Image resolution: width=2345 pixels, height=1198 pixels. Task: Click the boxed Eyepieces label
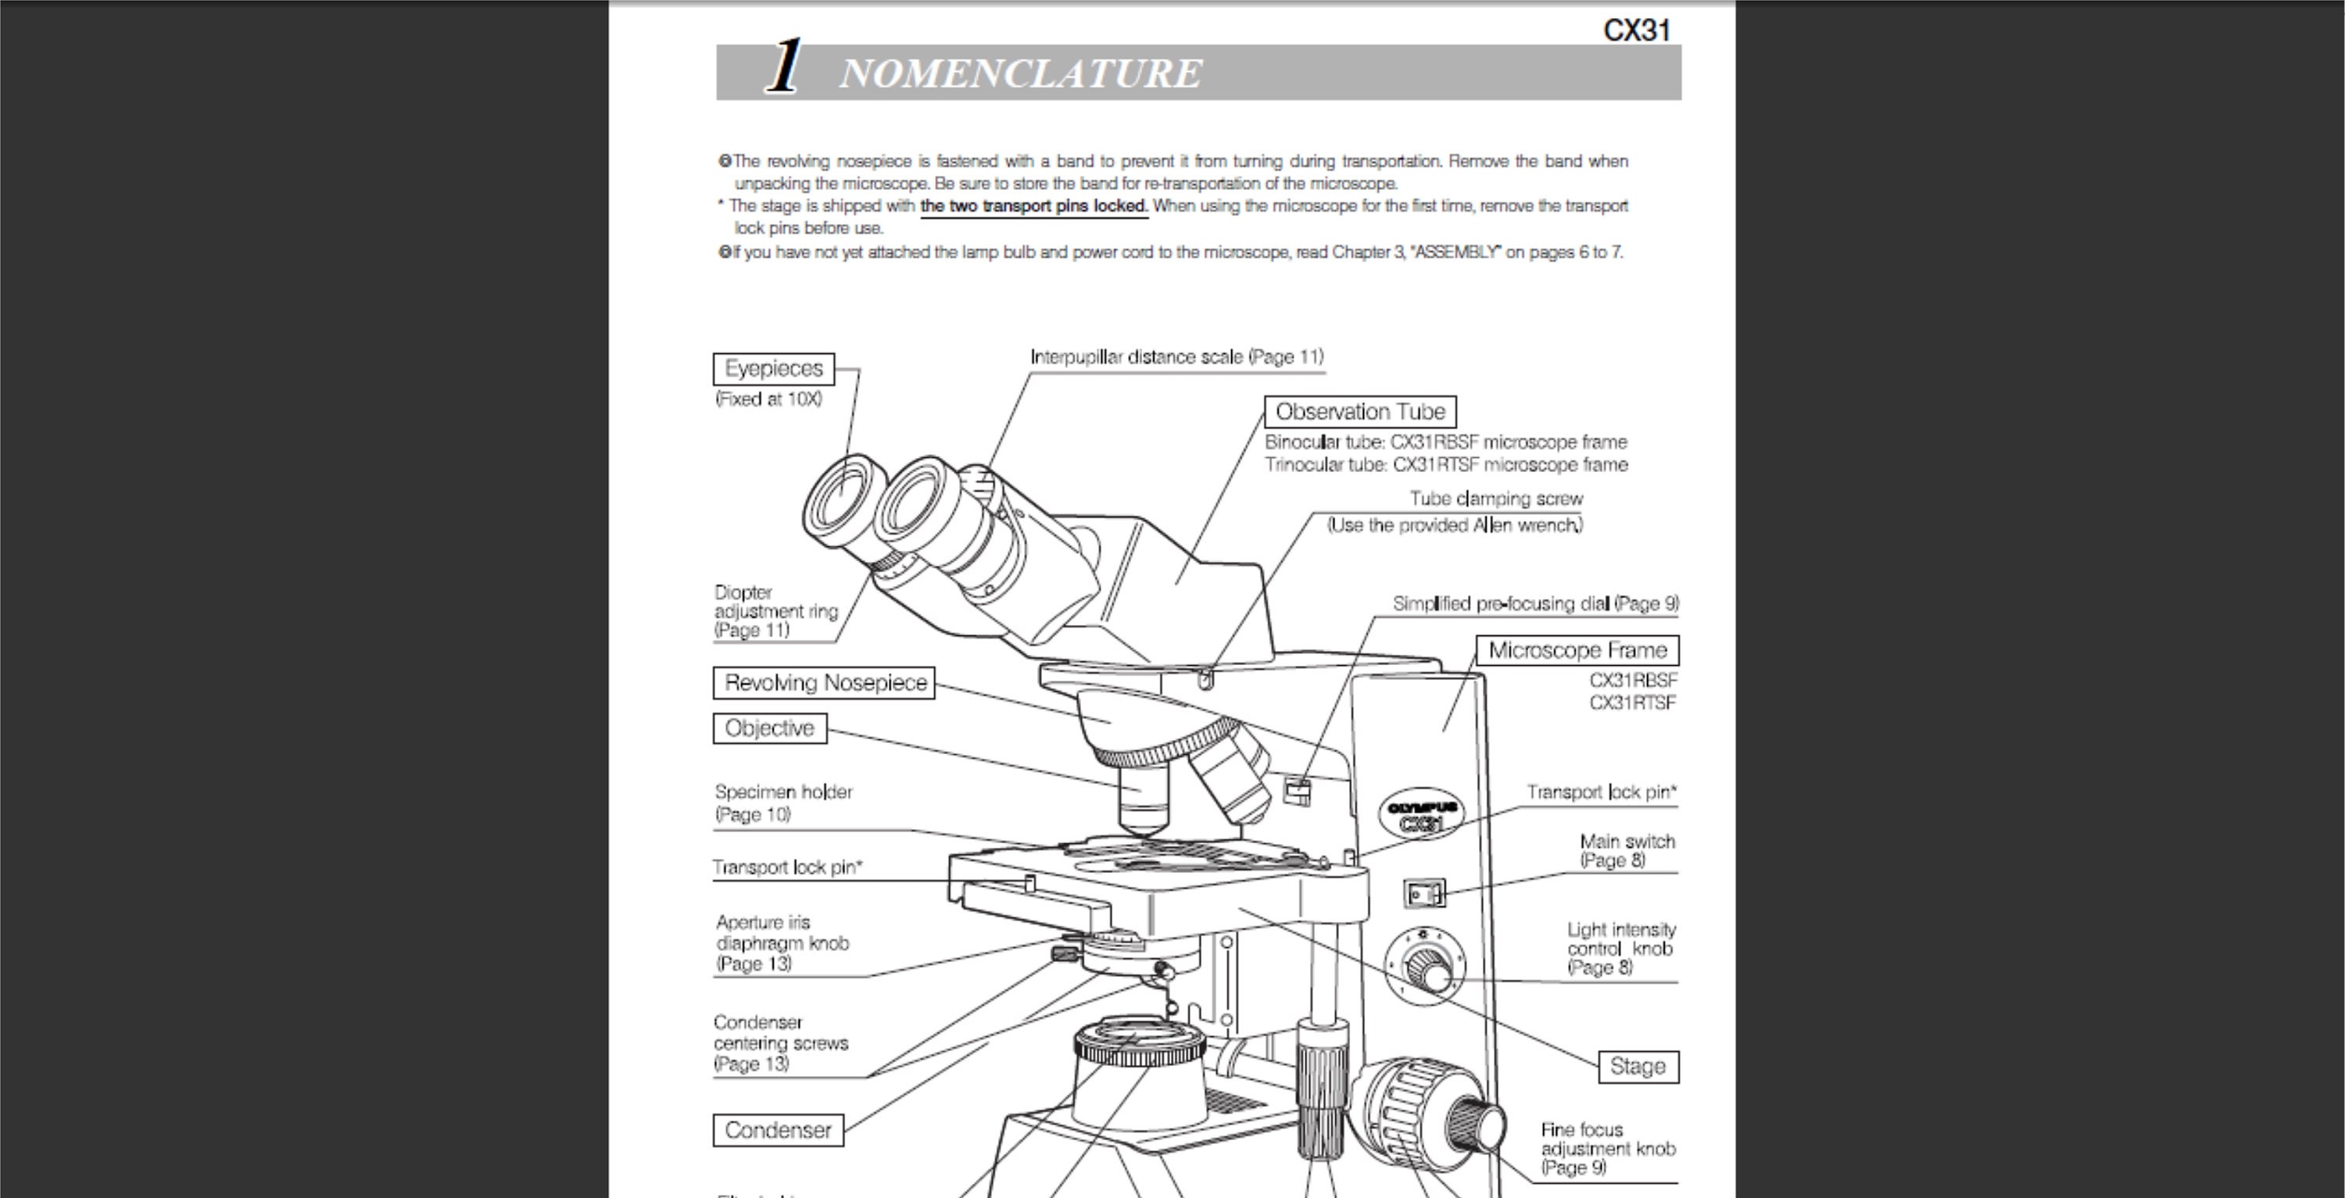click(773, 369)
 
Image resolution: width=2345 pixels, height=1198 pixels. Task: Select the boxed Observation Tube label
click(1359, 412)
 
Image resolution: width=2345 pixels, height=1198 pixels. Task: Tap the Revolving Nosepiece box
click(824, 683)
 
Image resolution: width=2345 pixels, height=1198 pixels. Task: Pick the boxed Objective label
click(769, 728)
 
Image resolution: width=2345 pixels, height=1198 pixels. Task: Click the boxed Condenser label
click(778, 1130)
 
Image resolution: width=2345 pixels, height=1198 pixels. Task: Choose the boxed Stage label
click(1638, 1067)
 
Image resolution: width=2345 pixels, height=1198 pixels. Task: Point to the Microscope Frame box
click(1577, 650)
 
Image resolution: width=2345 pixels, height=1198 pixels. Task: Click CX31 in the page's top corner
click(1636, 30)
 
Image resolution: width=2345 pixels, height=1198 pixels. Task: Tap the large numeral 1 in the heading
click(784, 67)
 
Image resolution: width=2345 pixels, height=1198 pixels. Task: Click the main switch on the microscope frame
click(1423, 894)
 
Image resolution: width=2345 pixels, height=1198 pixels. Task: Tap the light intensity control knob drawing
click(1427, 967)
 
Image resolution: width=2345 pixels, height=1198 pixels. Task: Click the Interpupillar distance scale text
click(1176, 357)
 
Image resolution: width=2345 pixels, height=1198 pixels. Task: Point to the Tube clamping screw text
click(1495, 499)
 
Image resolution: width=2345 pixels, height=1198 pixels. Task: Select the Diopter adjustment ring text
click(775, 611)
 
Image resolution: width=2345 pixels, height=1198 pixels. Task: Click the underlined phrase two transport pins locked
click(1033, 206)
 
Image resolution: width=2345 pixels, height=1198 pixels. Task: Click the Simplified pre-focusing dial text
click(1535, 603)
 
